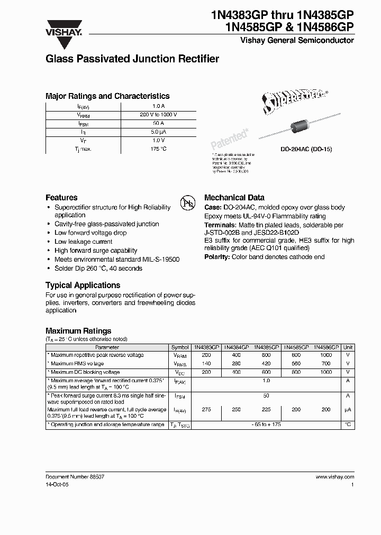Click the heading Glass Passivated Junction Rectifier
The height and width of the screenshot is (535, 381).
point(132,59)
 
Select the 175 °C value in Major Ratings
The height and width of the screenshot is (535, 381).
point(159,149)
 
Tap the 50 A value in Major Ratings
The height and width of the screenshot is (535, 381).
point(159,123)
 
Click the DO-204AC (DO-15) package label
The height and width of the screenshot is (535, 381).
point(306,150)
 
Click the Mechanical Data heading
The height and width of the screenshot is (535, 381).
point(234,197)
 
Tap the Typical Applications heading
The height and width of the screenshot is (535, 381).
point(83,285)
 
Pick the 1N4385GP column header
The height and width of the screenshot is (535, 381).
point(266,347)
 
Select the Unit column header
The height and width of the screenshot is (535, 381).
point(348,347)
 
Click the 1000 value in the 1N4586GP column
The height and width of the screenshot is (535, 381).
point(325,355)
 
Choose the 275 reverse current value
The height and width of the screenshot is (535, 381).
point(206,410)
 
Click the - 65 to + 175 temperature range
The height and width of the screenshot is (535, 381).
point(266,425)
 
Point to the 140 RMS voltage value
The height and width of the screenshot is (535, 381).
point(206,364)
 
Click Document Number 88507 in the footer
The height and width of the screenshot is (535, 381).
point(75,476)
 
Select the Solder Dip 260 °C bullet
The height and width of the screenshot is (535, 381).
point(98,268)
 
